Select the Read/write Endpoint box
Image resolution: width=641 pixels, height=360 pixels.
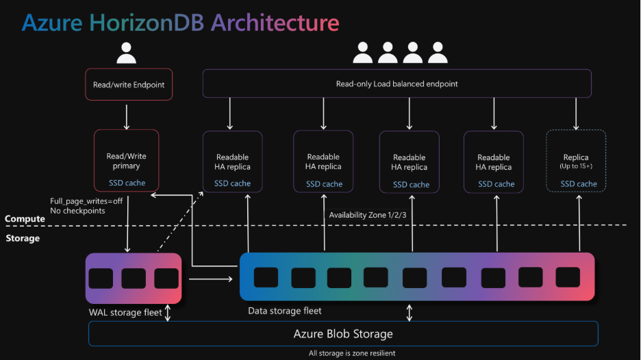(x=129, y=86)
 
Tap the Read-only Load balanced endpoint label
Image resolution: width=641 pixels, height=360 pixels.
(x=397, y=84)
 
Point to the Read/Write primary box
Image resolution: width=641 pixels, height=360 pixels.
(x=127, y=161)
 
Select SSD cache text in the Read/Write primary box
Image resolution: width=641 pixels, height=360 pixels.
(x=127, y=183)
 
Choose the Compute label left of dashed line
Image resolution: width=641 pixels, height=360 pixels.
(x=25, y=219)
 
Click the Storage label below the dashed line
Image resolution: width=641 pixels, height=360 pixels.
(x=23, y=238)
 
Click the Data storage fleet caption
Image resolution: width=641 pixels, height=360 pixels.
(x=284, y=311)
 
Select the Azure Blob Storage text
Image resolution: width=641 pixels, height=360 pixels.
(x=343, y=334)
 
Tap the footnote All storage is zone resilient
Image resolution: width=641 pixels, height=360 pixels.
(x=351, y=353)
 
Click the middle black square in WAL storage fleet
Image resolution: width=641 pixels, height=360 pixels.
(x=134, y=279)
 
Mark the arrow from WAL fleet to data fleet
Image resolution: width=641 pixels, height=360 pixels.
(x=210, y=279)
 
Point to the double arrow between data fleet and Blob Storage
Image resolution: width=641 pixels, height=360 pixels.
(x=410, y=313)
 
